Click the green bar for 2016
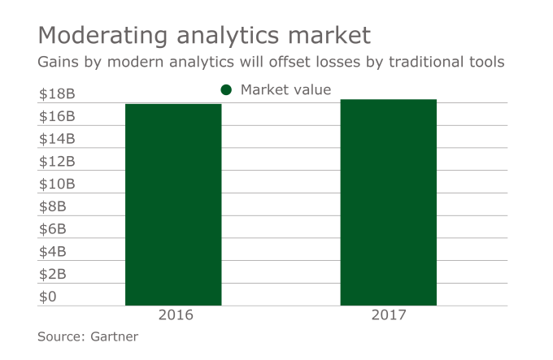pos(173,205)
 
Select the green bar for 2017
pos(388,202)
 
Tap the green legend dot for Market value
pos(226,90)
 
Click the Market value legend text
pos(285,90)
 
